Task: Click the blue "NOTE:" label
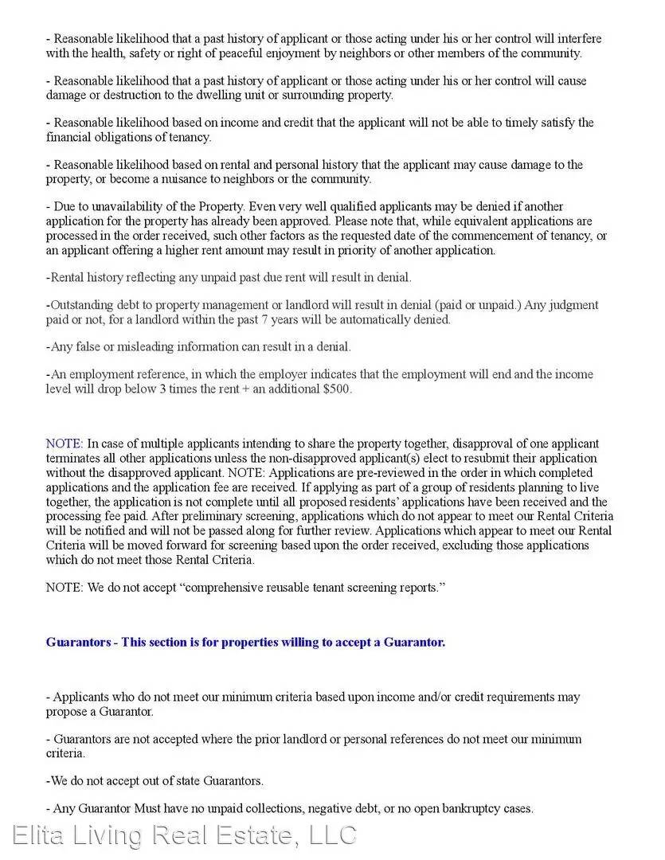tap(64, 444)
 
